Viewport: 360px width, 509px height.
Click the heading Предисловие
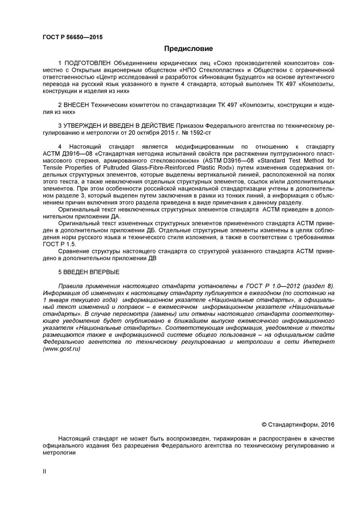tap(188, 49)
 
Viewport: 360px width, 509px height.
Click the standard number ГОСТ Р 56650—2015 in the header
tap(73, 37)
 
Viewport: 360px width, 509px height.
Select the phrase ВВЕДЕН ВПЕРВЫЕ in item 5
tap(91, 272)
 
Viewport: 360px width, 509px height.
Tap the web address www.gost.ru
tap(62, 349)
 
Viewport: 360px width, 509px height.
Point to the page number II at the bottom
tap(45, 472)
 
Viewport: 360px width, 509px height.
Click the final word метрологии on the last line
tap(59, 453)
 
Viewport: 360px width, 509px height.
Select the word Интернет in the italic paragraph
tap(319, 342)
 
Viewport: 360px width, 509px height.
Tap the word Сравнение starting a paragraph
tap(74, 251)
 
